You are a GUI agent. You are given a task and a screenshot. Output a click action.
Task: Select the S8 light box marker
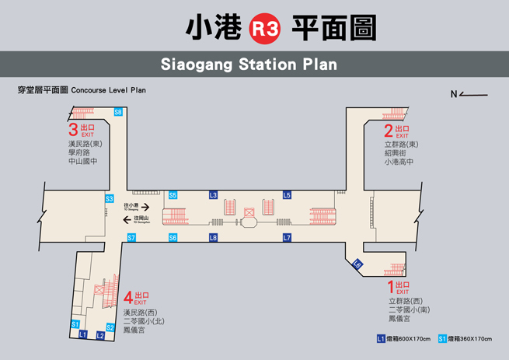[118, 113]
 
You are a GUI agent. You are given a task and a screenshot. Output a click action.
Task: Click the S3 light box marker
[110, 199]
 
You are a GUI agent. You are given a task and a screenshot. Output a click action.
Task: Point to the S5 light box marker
[173, 195]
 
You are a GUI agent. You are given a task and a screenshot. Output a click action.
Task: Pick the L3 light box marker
[214, 195]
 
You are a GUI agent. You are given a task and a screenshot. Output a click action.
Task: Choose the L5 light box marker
[287, 195]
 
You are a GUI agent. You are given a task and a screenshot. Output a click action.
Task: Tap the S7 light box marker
[131, 237]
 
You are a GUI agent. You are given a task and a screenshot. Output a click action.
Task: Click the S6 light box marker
[173, 237]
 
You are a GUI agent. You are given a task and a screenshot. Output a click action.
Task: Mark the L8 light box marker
[214, 237]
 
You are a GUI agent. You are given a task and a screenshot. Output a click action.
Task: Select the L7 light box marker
[287, 237]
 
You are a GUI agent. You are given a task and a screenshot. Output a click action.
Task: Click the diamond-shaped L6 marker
[357, 264]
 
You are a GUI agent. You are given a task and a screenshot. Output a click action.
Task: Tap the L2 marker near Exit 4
[100, 335]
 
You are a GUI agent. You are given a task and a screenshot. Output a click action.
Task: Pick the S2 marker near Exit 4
[110, 327]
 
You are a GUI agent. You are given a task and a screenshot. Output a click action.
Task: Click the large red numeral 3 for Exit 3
[73, 130]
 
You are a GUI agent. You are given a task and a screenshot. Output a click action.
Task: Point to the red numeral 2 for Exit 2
[388, 130]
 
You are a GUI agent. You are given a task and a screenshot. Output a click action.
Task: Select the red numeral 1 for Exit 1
[391, 287]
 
